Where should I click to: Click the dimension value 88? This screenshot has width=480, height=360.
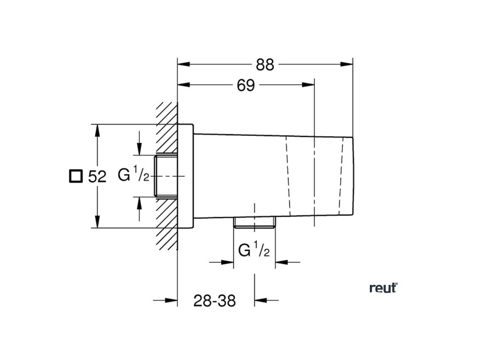265,64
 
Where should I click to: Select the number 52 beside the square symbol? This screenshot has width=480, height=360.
97,177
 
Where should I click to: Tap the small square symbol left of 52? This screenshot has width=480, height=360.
75,176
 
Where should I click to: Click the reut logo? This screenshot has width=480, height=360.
383,288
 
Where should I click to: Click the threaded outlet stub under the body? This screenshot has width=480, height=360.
254,223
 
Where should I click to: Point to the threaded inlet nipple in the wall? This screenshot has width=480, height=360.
166,176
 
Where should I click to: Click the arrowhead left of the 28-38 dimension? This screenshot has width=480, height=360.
171,300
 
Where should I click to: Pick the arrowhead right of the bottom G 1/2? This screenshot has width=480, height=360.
281,262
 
